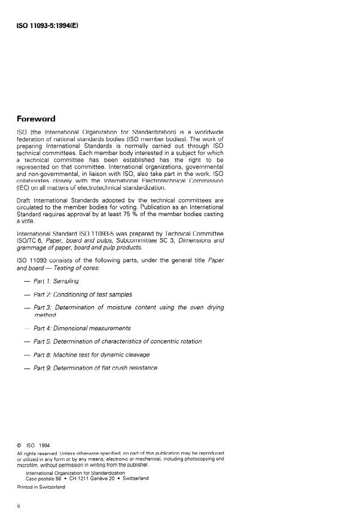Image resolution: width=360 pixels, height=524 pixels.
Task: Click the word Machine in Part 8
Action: point(67,354)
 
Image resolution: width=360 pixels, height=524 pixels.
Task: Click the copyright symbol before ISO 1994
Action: point(19,445)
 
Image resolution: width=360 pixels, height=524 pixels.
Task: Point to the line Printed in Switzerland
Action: point(41,487)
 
